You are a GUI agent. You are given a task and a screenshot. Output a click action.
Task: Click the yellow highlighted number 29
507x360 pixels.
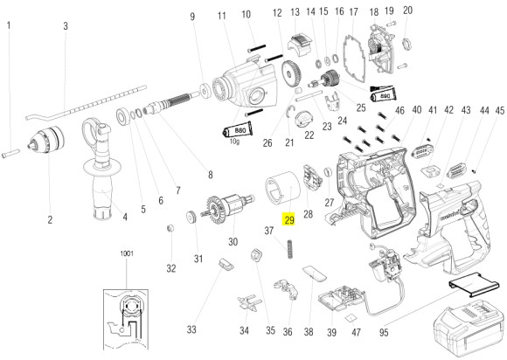click(288, 220)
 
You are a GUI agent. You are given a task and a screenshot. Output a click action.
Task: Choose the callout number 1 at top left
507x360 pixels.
click(9, 26)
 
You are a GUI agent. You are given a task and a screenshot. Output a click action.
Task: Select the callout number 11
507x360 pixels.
click(222, 15)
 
